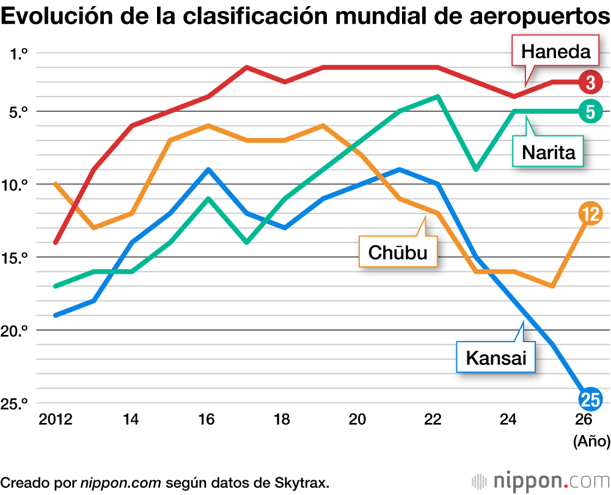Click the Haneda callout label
click(x=555, y=52)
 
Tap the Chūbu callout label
click(x=398, y=251)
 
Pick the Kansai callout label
click(x=496, y=357)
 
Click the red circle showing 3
click(x=590, y=82)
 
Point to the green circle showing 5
click(x=590, y=111)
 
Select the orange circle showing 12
click(x=590, y=213)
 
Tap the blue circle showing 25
click(x=590, y=400)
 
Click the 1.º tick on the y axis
click(x=20, y=53)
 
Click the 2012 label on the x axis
click(x=55, y=420)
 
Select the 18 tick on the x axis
click(x=282, y=420)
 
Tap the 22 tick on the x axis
click(x=433, y=420)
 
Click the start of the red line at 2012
click(x=56, y=243)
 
